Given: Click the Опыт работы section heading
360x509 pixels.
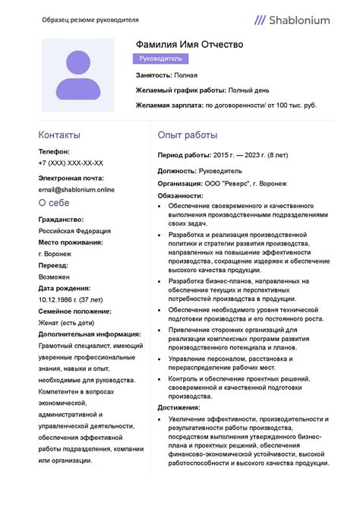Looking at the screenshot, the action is [188, 134].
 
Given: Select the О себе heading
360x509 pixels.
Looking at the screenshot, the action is [54, 203].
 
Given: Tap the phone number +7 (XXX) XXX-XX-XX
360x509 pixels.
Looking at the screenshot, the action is [71, 163].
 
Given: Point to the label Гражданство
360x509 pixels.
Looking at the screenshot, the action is [61, 220].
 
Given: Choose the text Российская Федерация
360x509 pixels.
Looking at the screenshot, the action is [74, 231].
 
